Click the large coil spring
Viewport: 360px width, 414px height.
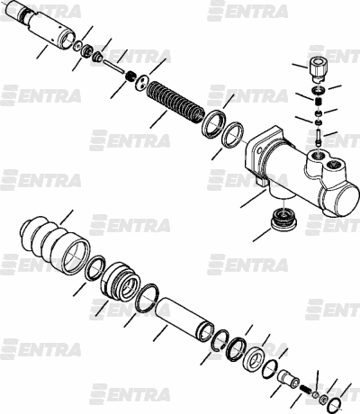click(175, 101)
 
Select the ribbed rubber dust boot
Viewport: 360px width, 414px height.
click(55, 245)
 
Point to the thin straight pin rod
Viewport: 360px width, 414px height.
click(113, 67)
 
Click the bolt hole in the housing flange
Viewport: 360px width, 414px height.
click(258, 149)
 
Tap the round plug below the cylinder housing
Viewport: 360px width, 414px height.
click(283, 220)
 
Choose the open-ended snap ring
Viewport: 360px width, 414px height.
click(220, 339)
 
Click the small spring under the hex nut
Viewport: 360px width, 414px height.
click(319, 101)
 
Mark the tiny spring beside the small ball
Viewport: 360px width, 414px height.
click(306, 389)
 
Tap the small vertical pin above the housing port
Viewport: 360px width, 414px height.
click(319, 137)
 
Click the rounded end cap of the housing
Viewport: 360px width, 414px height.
click(346, 200)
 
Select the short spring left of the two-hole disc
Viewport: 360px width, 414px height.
click(130, 76)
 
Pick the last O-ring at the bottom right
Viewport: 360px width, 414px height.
click(335, 406)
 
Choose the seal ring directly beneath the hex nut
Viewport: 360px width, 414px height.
click(318, 90)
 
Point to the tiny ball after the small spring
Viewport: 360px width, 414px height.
click(316, 394)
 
